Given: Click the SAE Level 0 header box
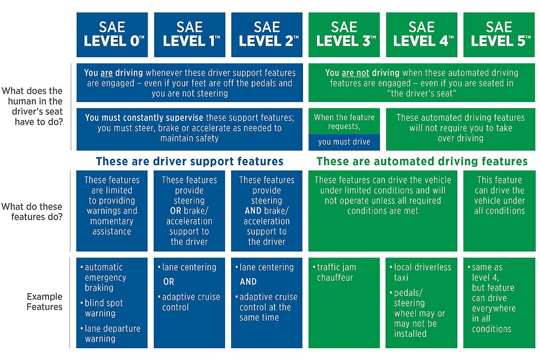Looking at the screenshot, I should point(112,35).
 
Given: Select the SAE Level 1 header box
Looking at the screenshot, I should point(189,35).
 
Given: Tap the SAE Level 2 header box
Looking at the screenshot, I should point(267,35).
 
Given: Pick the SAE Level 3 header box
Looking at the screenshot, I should point(344,35).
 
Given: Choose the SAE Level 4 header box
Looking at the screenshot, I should point(421,35).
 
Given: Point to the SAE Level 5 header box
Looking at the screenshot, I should point(499,35).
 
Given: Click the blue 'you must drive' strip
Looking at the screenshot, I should point(344,142).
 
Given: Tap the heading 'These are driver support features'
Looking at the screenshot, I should point(190,161).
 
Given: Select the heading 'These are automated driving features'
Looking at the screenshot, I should point(422,161).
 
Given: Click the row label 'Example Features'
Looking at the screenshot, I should point(45,302).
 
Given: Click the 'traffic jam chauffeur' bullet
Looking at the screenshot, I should point(336,273).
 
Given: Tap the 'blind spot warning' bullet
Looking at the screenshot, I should point(104,308).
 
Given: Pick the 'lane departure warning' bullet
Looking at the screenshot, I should point(112,334).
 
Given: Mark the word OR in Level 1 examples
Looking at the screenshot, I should point(168,282).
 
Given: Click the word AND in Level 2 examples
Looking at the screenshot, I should point(248,282).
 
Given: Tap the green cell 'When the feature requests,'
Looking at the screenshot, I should point(344,121).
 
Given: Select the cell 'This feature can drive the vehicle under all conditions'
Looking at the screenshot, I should point(499,195).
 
